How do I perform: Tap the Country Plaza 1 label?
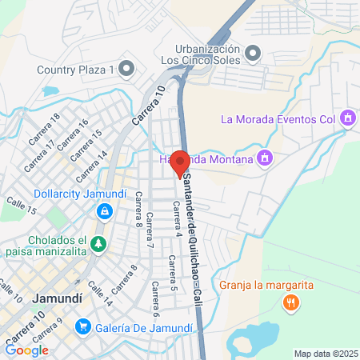pyautogui.click(x=75, y=69)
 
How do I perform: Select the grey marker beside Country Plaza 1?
pyautogui.click(x=126, y=69)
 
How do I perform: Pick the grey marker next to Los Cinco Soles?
pyautogui.click(x=254, y=54)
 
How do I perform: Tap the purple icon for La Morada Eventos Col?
pyautogui.click(x=346, y=120)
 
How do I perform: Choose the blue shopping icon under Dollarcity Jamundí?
pyautogui.click(x=103, y=211)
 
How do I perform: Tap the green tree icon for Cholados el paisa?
pyautogui.click(x=99, y=244)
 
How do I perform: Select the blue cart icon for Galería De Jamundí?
pyautogui.click(x=82, y=326)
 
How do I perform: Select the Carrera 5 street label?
pyautogui.click(x=170, y=272)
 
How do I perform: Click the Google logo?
pyautogui.click(x=26, y=350)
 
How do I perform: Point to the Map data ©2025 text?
pyautogui.click(x=324, y=354)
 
